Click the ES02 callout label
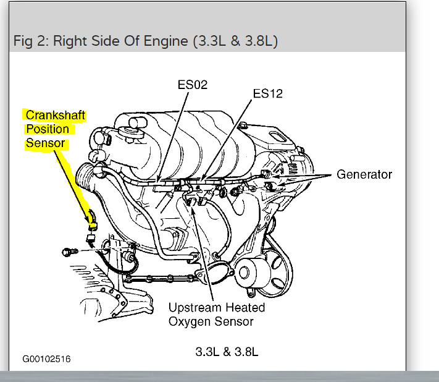193,85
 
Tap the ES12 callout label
267,93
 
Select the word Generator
364,174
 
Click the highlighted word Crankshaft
55,116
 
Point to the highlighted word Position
47,130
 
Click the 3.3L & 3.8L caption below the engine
227,352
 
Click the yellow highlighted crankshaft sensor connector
92,217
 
